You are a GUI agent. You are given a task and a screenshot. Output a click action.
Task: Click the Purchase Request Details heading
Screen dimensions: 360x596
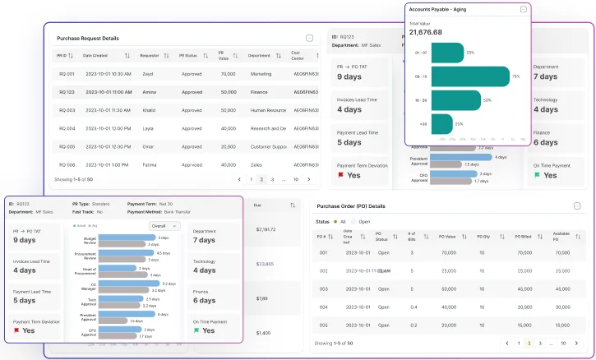point(87,39)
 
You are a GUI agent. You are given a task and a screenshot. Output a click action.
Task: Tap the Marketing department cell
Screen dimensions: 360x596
point(264,74)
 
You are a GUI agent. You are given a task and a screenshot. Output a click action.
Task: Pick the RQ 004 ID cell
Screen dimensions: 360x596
point(67,128)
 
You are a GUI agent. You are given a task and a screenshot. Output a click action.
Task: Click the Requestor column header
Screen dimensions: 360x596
point(150,56)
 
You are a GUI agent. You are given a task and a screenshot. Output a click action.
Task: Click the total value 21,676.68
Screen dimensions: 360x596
point(426,32)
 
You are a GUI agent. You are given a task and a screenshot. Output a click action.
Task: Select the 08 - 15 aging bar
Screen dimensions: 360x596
point(470,76)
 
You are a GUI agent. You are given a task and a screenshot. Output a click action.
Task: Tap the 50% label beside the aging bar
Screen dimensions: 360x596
point(487,100)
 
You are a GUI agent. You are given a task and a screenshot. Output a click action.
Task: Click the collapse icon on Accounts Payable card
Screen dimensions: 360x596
point(524,9)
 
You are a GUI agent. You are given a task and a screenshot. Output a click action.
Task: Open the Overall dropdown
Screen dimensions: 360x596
point(164,225)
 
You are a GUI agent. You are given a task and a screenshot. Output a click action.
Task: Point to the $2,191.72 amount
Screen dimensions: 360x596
point(265,229)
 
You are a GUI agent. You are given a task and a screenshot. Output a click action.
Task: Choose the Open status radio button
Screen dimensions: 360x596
point(354,221)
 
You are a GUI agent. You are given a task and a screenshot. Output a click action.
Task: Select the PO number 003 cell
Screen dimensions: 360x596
point(323,288)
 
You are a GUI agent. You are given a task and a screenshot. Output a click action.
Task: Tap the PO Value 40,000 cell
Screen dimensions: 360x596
point(449,307)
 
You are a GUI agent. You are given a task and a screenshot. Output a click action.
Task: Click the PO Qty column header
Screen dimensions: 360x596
point(487,236)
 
